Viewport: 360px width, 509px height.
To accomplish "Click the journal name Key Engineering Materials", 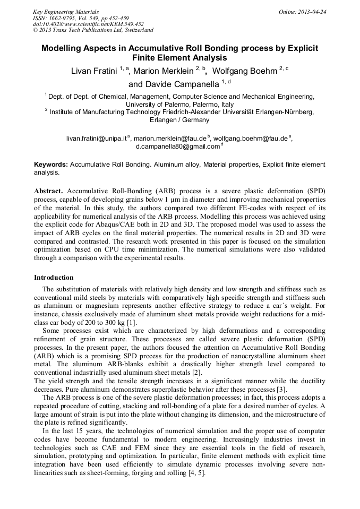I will pyautogui.click(x=66, y=12).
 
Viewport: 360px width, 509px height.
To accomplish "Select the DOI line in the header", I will pyautogui.click(x=88, y=24).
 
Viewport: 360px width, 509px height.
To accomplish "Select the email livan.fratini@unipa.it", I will pyautogui.click(x=96, y=138).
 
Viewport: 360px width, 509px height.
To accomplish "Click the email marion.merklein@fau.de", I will pyautogui.click(x=170, y=138).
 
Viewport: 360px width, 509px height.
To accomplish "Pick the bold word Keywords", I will pyautogui.click(x=50, y=165).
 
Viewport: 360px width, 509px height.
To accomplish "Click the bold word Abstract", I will pyautogui.click(x=48, y=191).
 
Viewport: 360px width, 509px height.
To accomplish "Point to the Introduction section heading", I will pyautogui.click(x=54, y=277).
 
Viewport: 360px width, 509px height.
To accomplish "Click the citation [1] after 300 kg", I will pyautogui.click(x=131, y=322).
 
